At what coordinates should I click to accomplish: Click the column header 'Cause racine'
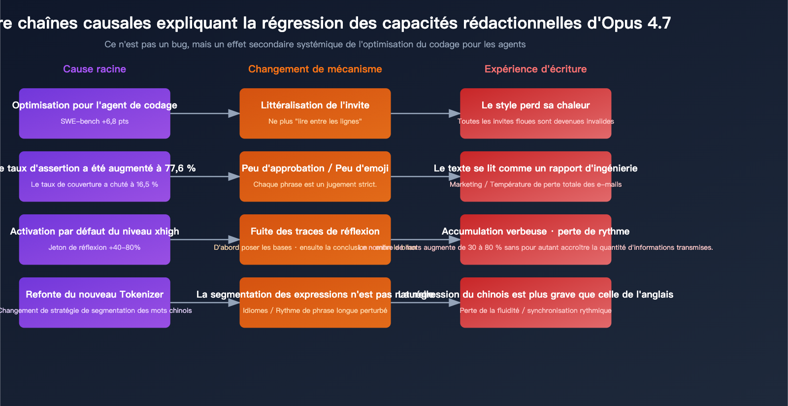(95, 69)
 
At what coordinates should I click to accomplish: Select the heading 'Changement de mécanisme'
(315, 69)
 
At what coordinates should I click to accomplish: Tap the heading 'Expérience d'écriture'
(535, 69)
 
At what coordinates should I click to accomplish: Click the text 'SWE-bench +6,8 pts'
(95, 121)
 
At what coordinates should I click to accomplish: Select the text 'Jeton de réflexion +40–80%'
(95, 247)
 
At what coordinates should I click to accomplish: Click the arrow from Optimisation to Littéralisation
(204, 113)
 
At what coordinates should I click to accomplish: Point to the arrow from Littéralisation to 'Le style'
(425, 113)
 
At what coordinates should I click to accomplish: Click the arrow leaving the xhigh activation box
(204, 239)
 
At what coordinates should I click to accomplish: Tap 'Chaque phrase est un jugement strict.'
(315, 184)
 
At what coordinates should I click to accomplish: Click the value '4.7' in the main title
(659, 23)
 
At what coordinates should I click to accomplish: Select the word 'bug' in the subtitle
(180, 44)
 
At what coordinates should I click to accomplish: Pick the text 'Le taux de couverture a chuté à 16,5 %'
(95, 184)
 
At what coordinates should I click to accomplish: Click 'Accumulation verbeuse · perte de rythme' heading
(535, 232)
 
